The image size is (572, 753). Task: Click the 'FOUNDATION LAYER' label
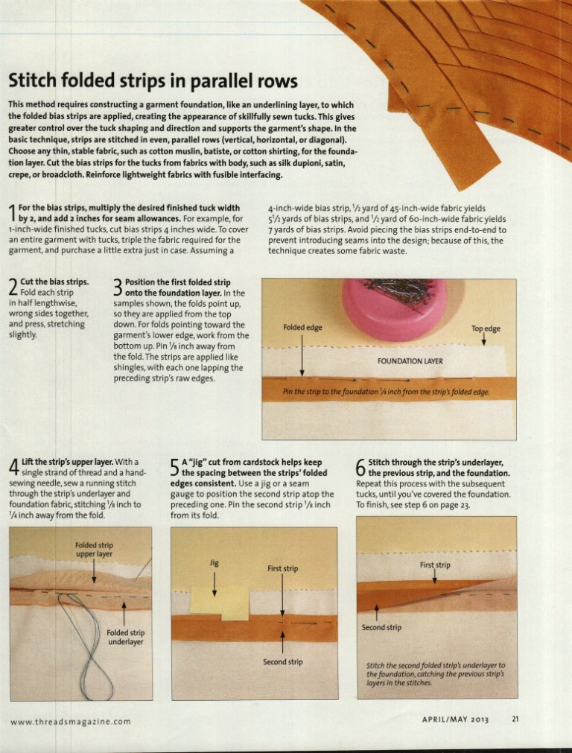[410, 360]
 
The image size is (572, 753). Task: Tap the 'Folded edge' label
[302, 328]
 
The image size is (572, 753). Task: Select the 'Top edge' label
[486, 328]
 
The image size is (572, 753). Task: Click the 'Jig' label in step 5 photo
[214, 562]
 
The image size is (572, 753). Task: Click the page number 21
[515, 719]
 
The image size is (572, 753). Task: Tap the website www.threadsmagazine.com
[70, 721]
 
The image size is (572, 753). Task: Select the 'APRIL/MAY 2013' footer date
[455, 719]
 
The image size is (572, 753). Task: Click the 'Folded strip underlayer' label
[125, 638]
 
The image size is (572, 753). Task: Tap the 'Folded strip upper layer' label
[94, 550]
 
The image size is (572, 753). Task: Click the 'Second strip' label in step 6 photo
[381, 627]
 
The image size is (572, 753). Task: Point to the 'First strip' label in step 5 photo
[282, 568]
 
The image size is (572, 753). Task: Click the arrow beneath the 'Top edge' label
[483, 340]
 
